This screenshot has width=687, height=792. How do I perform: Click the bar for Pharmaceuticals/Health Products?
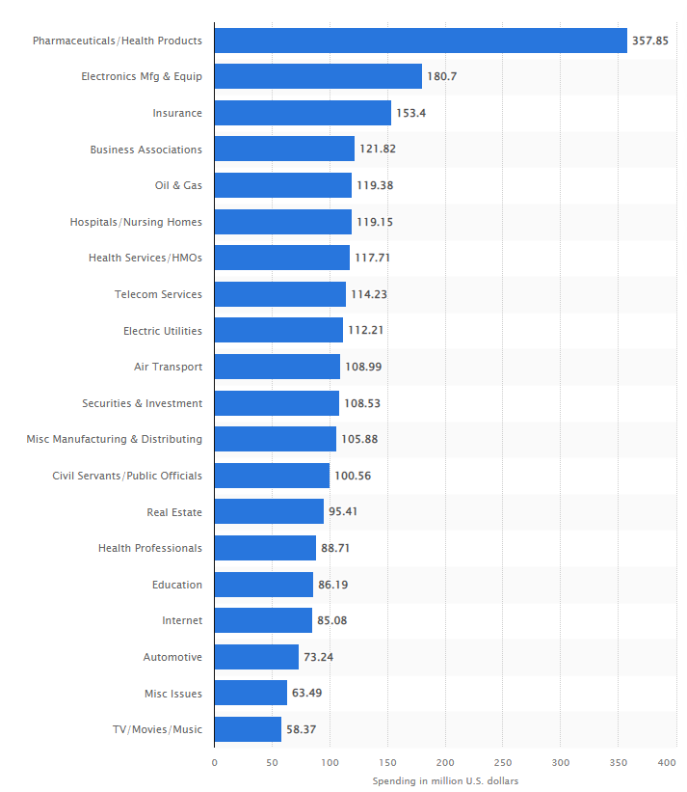(420, 41)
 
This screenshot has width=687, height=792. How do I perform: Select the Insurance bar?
(303, 113)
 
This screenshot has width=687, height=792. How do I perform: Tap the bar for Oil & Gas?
(283, 185)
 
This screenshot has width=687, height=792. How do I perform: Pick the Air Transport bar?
(277, 367)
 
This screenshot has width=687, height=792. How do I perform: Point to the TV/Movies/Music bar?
(248, 729)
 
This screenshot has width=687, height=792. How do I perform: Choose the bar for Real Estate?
(269, 511)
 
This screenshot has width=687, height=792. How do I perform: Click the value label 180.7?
(441, 77)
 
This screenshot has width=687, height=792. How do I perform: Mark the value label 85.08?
(331, 620)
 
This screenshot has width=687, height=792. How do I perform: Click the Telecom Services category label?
(158, 294)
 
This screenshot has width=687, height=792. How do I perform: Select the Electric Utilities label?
(163, 331)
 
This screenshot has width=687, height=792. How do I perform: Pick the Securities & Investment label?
(142, 403)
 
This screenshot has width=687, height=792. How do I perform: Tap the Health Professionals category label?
(150, 548)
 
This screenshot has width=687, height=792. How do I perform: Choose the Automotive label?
(172, 657)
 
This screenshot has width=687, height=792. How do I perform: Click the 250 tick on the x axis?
(503, 762)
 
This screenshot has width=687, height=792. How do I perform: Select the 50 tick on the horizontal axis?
(272, 762)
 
